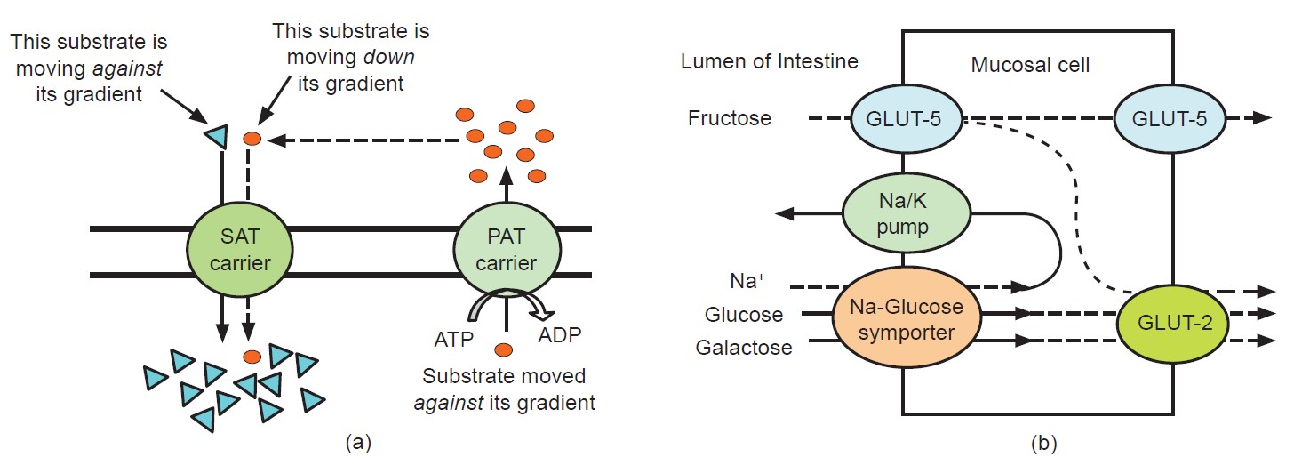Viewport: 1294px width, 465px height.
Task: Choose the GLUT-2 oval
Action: click(x=1172, y=325)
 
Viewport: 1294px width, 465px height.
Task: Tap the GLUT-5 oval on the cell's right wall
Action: click(x=1172, y=119)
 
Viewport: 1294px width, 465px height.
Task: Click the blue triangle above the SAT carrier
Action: click(x=213, y=136)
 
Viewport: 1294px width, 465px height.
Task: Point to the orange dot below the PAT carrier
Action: click(x=505, y=349)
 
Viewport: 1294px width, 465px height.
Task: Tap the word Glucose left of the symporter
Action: click(x=744, y=314)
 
